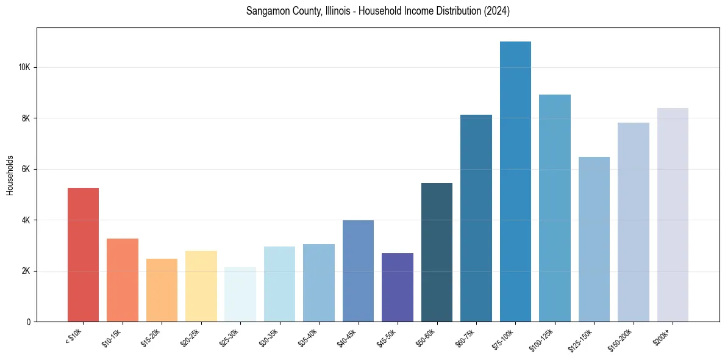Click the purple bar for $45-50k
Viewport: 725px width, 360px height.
click(398, 287)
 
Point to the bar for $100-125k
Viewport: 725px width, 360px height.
click(555, 208)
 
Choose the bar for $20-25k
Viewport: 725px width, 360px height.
click(201, 286)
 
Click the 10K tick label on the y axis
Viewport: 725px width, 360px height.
click(25, 67)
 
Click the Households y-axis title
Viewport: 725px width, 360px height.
click(10, 175)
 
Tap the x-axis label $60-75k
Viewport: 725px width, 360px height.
click(466, 336)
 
